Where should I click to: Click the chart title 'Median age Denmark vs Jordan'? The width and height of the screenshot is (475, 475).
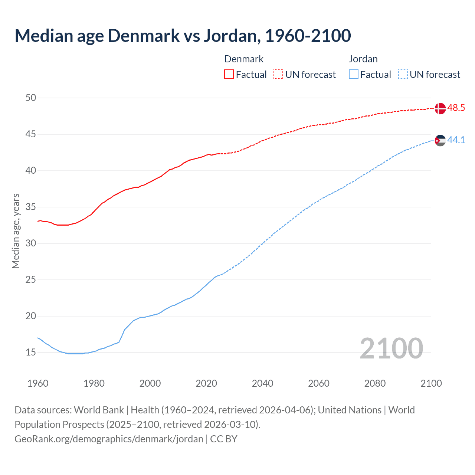point(183,36)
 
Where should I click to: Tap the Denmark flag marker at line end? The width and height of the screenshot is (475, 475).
point(440,108)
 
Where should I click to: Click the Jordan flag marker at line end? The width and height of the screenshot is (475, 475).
point(440,140)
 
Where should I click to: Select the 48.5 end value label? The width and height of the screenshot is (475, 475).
point(456,108)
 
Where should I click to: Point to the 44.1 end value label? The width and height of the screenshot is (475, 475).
point(456,140)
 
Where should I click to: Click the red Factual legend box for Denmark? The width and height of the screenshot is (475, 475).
point(229,74)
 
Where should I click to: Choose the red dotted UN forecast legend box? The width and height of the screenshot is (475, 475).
point(278,74)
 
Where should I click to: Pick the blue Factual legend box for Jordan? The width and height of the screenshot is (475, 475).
point(353,74)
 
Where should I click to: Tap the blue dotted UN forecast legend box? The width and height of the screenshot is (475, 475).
point(403,74)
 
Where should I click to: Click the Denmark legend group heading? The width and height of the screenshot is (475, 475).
point(244,59)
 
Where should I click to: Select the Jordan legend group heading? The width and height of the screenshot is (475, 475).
point(363,59)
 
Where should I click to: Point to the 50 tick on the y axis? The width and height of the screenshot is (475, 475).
point(31,98)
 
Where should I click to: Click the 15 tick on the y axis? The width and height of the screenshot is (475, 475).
point(31,352)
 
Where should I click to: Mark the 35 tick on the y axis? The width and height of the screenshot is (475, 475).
point(31,207)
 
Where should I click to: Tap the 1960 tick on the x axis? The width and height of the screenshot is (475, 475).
point(38,383)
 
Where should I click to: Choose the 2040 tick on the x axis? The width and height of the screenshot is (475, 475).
point(262,383)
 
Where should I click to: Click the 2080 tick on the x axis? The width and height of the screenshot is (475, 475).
point(375,383)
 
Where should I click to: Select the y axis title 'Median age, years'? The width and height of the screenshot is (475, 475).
point(16,231)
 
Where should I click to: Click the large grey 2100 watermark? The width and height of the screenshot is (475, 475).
point(391,348)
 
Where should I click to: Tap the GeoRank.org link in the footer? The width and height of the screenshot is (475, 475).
point(109,439)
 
